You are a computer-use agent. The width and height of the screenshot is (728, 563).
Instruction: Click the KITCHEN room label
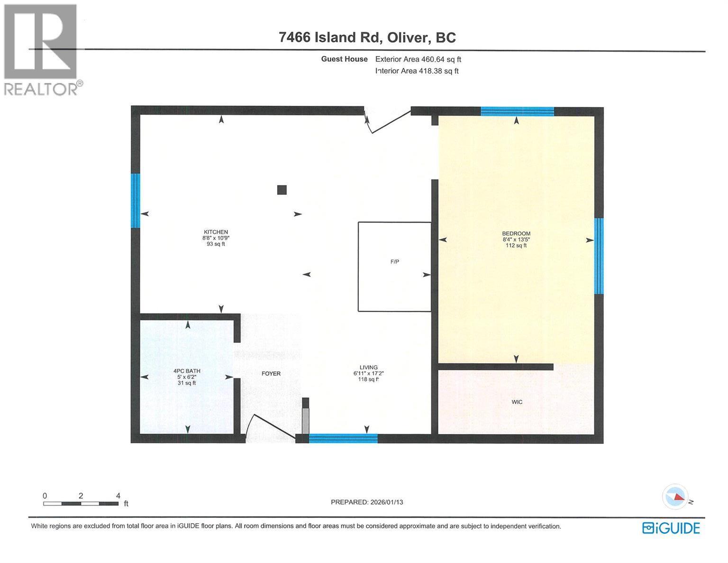(216, 232)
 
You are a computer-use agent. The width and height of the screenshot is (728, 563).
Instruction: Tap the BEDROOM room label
(516, 233)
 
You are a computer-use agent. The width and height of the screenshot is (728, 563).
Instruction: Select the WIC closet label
(517, 402)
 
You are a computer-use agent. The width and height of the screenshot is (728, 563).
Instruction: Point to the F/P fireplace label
(394, 262)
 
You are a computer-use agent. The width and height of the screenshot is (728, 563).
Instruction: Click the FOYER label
(271, 374)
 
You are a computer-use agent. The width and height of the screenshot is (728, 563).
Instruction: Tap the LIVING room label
(368, 367)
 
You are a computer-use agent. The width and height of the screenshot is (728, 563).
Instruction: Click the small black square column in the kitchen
(282, 190)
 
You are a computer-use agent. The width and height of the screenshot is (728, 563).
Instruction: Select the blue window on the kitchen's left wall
(136, 201)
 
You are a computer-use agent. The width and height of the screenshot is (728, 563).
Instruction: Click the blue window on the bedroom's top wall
(517, 112)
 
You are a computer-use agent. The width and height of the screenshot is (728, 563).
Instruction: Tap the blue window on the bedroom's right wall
(599, 256)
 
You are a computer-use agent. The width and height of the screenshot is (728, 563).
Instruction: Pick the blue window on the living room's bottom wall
(343, 438)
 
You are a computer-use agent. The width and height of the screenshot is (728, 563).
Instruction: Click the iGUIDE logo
(671, 528)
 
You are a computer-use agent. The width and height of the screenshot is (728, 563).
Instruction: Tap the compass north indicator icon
(675, 497)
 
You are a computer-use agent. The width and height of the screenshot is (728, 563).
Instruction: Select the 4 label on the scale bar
(118, 496)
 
